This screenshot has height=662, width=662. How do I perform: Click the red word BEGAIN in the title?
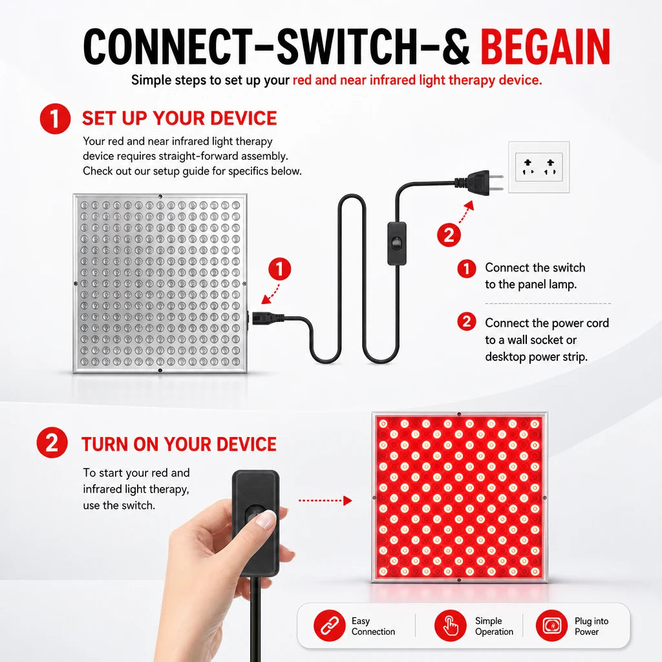545,47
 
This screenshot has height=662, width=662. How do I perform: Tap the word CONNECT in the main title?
167,47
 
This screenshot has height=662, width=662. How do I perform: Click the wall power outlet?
539,167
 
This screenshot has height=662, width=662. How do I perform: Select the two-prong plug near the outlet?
479,182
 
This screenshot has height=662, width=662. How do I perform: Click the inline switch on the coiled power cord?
396,244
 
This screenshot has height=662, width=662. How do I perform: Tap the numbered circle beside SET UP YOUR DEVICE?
55,119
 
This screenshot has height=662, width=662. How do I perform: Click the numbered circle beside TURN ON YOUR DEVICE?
52,442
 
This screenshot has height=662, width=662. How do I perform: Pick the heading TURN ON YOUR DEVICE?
179,444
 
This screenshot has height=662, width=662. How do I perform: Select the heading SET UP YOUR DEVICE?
180,118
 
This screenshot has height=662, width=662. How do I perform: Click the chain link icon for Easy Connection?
329,626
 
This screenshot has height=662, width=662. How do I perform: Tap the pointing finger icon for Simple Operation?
450,626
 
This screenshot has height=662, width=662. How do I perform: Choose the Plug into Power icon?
551,626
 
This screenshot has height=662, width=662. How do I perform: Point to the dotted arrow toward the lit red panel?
325,501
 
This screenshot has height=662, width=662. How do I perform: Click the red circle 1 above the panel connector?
279,269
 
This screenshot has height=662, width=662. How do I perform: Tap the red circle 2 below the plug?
449,235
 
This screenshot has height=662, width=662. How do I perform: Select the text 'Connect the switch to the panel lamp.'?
535,276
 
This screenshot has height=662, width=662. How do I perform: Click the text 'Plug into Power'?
592,626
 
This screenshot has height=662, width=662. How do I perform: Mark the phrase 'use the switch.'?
119,506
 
